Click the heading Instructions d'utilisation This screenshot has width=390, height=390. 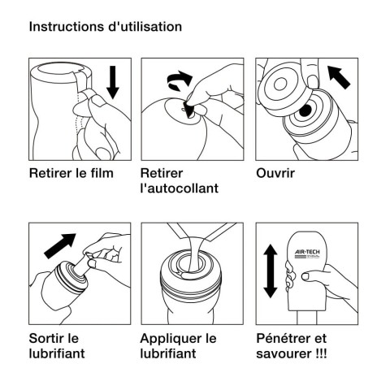pos(105,26)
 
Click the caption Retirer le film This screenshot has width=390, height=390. pos(71,173)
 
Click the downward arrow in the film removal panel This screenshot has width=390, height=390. pos(111,83)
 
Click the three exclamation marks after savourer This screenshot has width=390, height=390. pos(326,353)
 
